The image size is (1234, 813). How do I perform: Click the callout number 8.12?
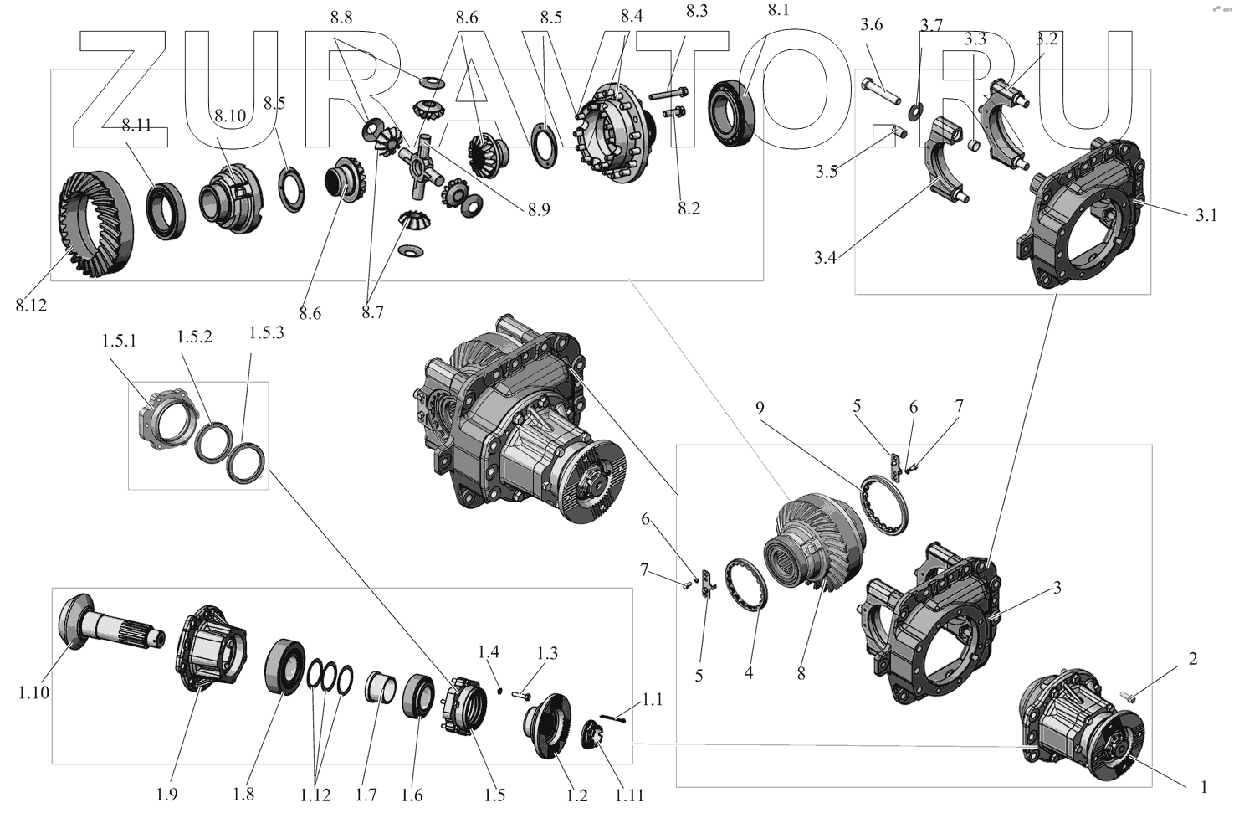point(32,305)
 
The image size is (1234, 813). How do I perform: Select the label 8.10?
point(230,116)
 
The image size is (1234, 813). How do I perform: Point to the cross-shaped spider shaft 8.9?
point(422,165)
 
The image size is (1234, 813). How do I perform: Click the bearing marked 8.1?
point(731,113)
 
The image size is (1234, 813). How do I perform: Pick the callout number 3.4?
point(825,257)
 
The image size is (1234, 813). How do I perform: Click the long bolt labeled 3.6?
point(881,91)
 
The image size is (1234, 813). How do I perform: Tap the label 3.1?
point(1206,215)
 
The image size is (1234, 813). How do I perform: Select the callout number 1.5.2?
point(194,337)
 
